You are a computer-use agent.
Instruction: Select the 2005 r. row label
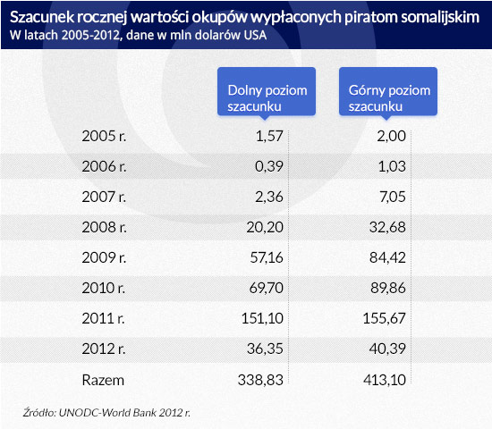(x=104, y=137)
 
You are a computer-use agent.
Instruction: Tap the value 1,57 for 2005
(x=269, y=137)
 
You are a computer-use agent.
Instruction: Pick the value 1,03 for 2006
(x=392, y=166)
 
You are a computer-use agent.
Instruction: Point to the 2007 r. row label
(x=104, y=197)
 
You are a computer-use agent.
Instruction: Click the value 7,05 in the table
(x=393, y=197)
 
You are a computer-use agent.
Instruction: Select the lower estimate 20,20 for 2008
(x=265, y=227)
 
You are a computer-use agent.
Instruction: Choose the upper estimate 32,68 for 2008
(x=387, y=227)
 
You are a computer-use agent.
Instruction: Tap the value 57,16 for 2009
(x=267, y=257)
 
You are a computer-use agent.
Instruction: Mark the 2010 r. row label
(x=104, y=288)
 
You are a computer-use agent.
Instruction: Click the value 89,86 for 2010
(x=388, y=288)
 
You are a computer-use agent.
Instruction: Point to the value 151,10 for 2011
(x=262, y=318)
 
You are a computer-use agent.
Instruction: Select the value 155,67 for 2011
(x=385, y=318)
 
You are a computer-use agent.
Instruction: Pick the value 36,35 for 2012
(x=265, y=349)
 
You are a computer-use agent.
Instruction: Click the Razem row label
(x=103, y=381)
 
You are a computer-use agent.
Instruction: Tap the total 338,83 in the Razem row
(x=260, y=381)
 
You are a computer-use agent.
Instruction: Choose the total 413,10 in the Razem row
(x=385, y=381)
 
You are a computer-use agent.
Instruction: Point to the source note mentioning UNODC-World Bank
(x=106, y=413)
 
